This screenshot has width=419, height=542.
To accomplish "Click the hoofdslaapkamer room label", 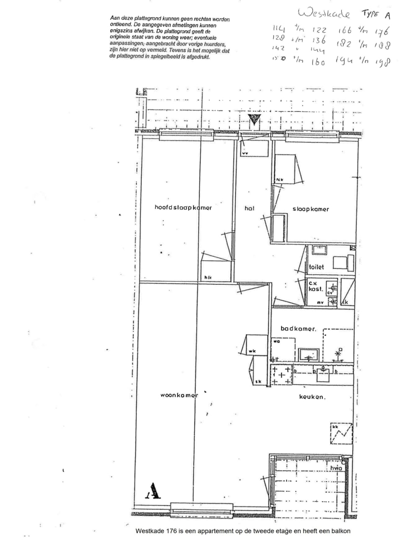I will [x=183, y=208].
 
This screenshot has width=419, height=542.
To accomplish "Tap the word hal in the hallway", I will [x=249, y=208].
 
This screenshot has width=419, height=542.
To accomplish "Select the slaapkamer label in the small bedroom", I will [x=310, y=209].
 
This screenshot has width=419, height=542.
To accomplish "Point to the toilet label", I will [x=316, y=267].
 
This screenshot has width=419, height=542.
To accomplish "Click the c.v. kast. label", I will [x=316, y=286].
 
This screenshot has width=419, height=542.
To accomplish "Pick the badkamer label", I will [x=298, y=329].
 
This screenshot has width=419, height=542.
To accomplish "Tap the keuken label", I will [x=312, y=397].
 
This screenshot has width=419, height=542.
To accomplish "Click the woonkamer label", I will [x=179, y=395].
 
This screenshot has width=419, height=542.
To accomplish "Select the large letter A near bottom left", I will [x=154, y=490].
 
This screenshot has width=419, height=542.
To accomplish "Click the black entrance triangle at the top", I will [x=254, y=119].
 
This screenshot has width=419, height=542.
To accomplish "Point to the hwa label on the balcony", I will [x=336, y=468].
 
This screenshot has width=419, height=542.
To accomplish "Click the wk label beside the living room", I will [x=252, y=351].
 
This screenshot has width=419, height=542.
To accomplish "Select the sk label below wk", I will [x=258, y=382].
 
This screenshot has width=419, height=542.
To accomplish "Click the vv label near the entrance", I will [x=245, y=153].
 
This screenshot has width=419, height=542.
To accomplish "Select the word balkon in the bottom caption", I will [x=341, y=531].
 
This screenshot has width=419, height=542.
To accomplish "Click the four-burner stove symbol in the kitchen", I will [x=281, y=375].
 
